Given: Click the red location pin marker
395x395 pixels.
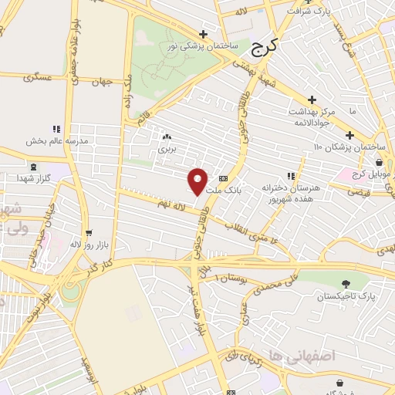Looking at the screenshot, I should tap(197, 181).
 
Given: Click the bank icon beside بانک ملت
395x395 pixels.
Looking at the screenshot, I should tap(223, 178).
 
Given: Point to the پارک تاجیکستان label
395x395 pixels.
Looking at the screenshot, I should tap(345, 295).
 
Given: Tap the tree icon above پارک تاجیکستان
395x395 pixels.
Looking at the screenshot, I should tap(345, 283).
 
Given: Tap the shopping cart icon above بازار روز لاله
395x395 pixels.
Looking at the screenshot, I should tap(89, 231).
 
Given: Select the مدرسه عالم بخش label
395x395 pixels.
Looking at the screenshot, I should tap(52, 140).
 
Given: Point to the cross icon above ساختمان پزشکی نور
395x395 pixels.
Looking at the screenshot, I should tap(203, 34).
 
